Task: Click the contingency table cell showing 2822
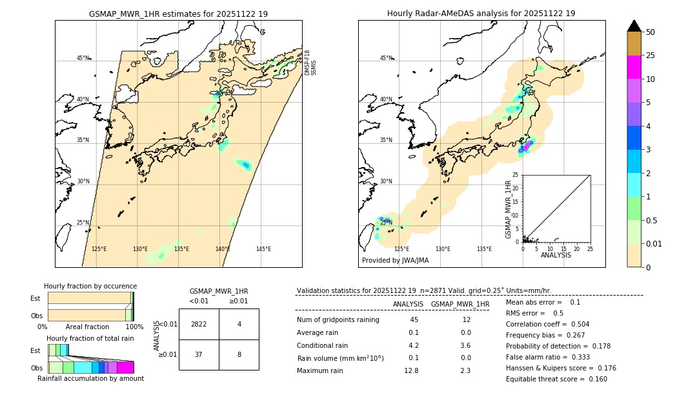click(x=199, y=324)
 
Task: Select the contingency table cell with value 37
click(x=199, y=354)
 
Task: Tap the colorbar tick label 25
click(x=651, y=56)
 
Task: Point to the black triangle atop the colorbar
click(x=634, y=26)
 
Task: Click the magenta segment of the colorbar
click(x=634, y=67)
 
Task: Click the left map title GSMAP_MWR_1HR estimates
click(x=178, y=14)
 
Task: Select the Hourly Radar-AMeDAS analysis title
click(x=481, y=14)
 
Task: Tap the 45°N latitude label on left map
click(x=83, y=58)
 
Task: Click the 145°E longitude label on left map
click(x=263, y=249)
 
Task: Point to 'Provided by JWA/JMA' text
click(x=395, y=261)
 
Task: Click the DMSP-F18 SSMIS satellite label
click(x=310, y=63)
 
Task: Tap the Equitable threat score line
click(x=556, y=379)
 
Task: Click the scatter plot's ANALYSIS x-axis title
click(x=556, y=255)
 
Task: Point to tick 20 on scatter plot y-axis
click(x=516, y=188)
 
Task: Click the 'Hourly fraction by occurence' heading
click(x=90, y=286)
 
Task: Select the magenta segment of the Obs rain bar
click(x=125, y=367)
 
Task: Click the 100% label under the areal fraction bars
click(x=134, y=327)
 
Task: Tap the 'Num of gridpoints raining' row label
click(x=338, y=319)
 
